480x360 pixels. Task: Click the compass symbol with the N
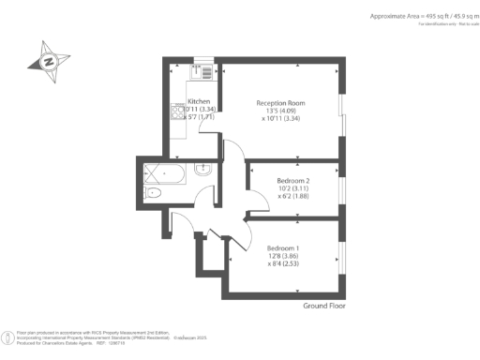point(50,61)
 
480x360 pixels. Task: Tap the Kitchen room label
point(199,101)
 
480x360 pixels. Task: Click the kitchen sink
point(199,71)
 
